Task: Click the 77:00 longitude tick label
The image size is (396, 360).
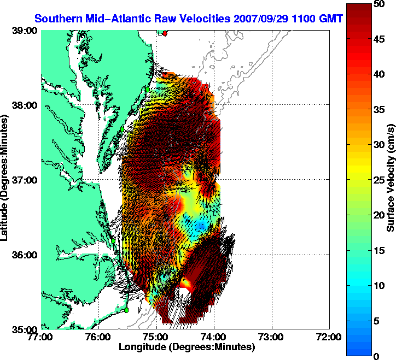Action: [42, 338]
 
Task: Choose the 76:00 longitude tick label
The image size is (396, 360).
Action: [99, 338]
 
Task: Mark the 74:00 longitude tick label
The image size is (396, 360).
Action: [214, 338]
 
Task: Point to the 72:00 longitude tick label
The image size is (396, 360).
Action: [329, 338]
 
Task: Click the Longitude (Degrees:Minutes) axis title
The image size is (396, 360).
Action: [187, 347]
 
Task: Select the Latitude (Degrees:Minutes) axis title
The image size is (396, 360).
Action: [7, 180]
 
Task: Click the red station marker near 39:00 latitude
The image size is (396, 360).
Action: [165, 33]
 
